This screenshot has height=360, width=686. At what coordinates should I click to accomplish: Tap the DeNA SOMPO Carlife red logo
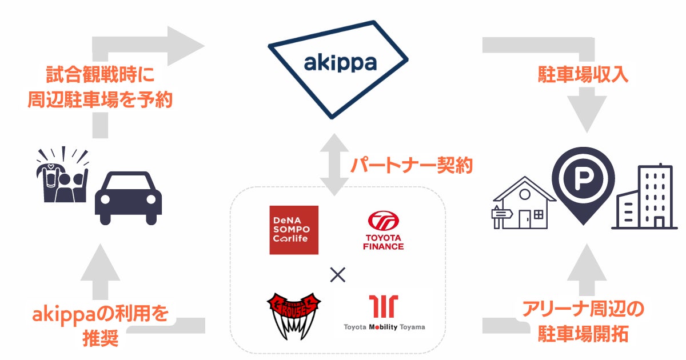click(x=294, y=229)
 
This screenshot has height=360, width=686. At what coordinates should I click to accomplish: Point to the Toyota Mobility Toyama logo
click(x=384, y=313)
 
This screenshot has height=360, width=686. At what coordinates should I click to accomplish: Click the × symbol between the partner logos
click(x=338, y=275)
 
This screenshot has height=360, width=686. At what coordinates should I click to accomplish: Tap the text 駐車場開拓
click(x=583, y=334)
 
